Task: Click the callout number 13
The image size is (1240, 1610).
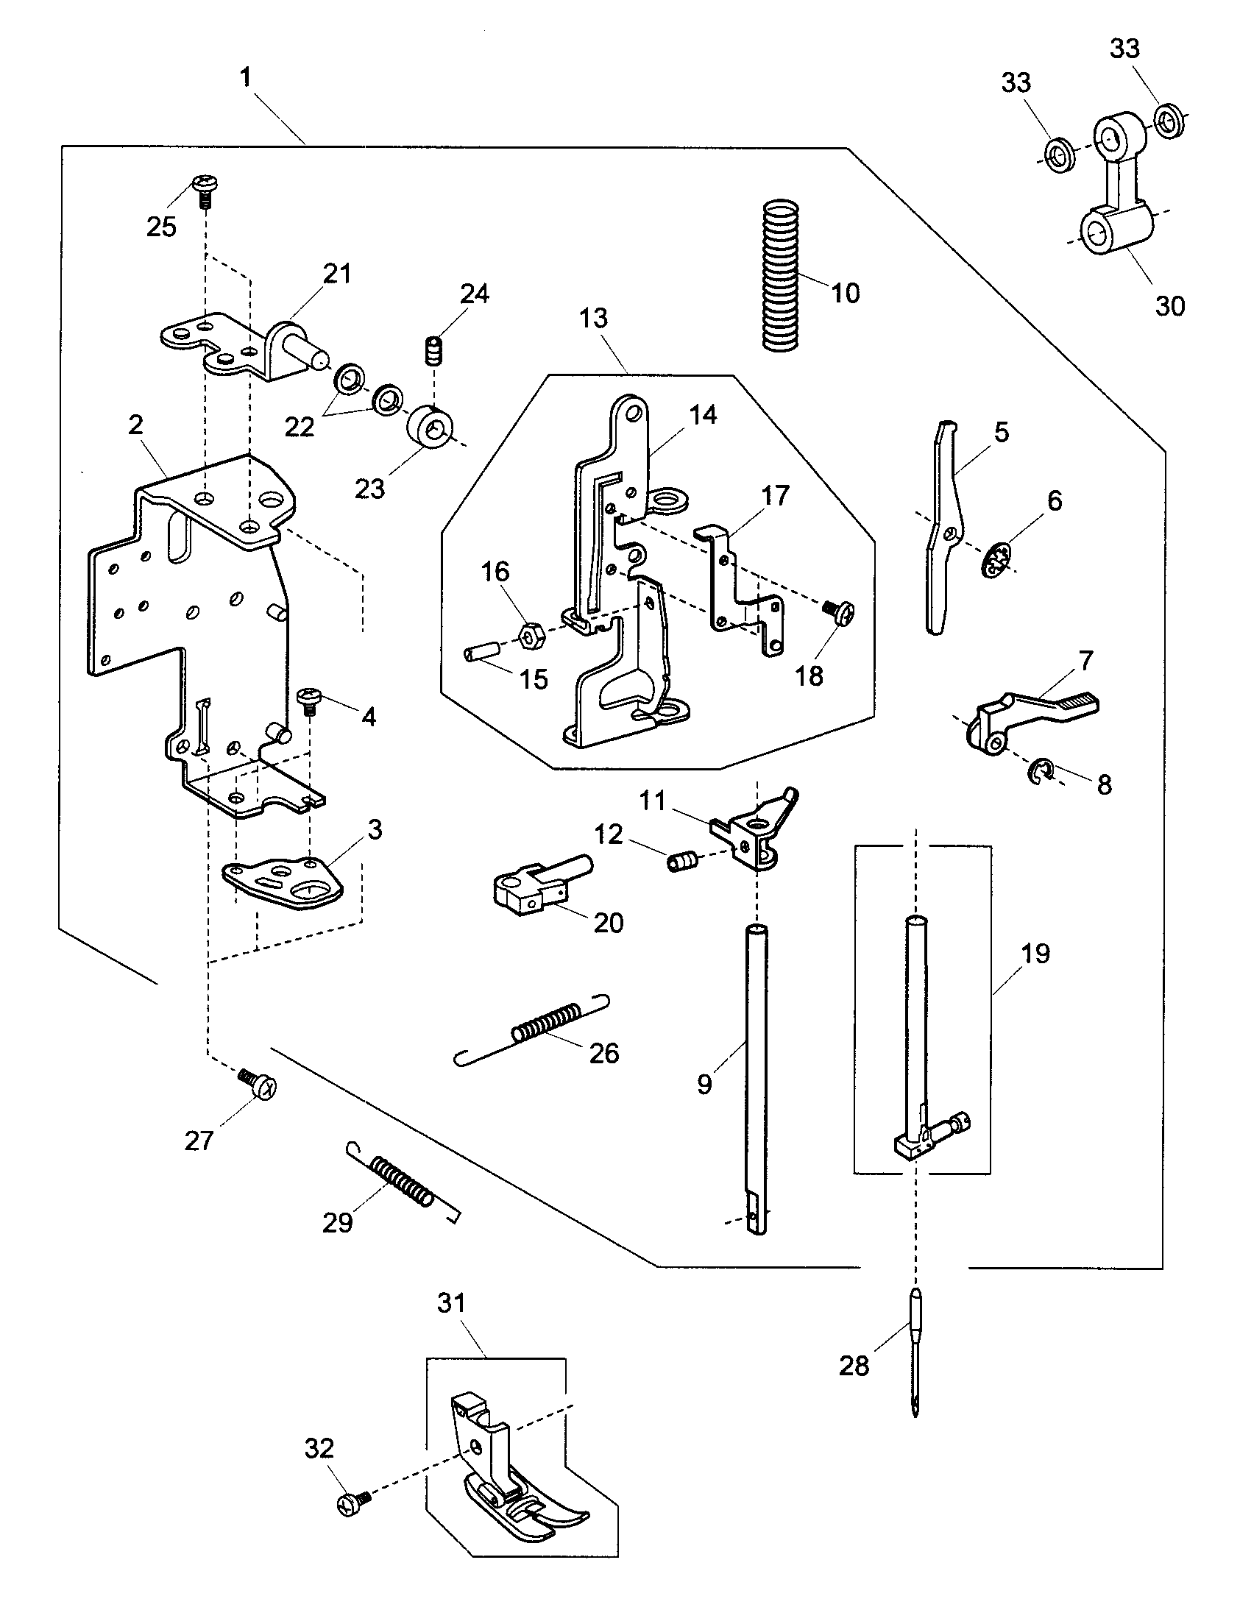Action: click(593, 319)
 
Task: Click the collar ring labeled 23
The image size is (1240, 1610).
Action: click(431, 426)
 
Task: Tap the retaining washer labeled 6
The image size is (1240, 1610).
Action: click(996, 561)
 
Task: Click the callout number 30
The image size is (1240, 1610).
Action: click(1169, 305)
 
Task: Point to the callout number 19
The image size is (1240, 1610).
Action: click(1035, 953)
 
